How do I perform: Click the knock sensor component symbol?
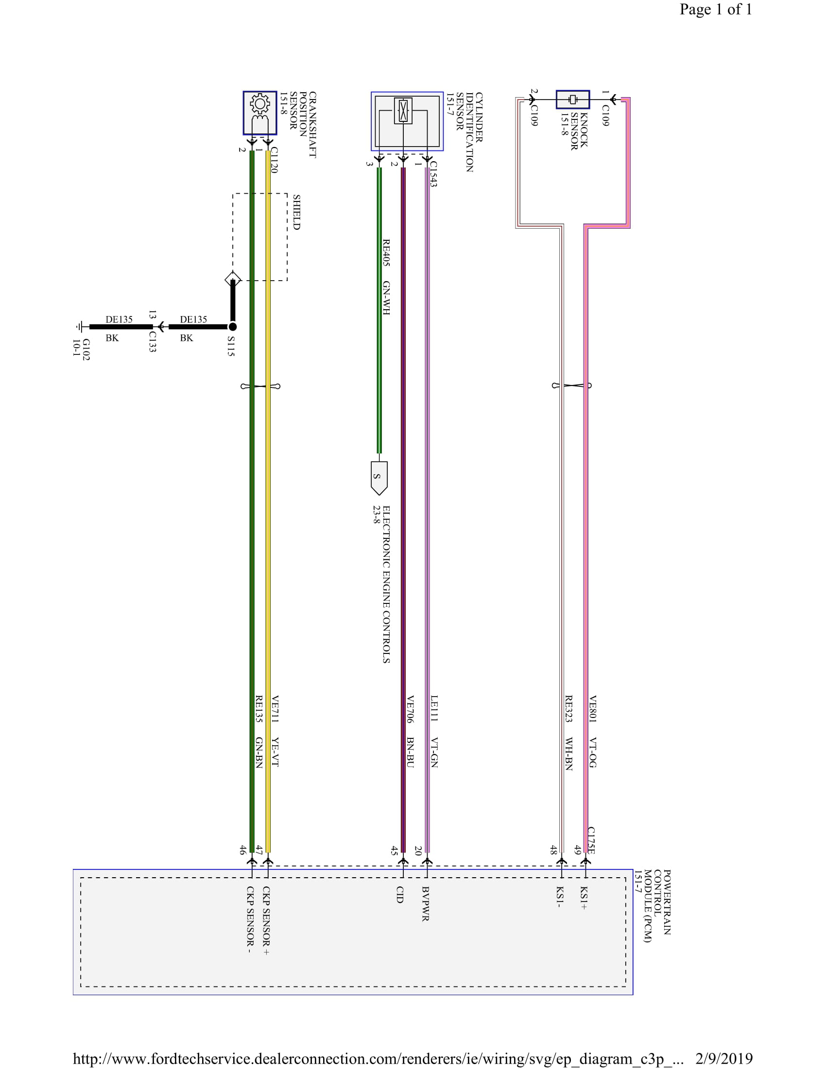click(572, 100)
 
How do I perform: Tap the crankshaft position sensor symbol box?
click(260, 113)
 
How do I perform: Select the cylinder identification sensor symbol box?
click(407, 121)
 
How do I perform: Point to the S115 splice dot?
click(233, 326)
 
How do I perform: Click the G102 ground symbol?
click(80, 326)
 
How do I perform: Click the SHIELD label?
click(296, 212)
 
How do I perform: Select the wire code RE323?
click(568, 709)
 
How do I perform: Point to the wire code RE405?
click(386, 252)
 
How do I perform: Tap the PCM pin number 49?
click(578, 850)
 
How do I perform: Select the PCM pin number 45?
click(394, 851)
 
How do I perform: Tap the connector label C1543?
click(433, 174)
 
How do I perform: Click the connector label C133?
click(152, 342)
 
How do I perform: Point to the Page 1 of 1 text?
click(715, 10)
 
